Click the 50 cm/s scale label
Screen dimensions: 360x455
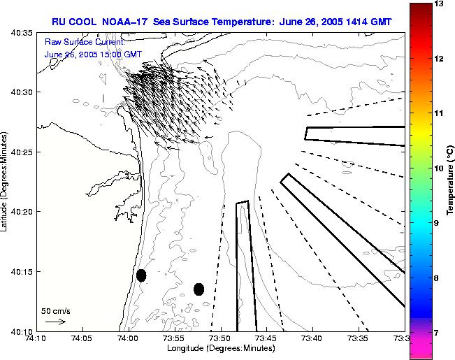tap(55, 310)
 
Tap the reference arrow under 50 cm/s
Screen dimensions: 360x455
tap(55, 322)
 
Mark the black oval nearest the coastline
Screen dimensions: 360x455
tap(141, 275)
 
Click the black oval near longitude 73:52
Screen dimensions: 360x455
tap(198, 289)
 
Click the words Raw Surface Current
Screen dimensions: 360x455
tap(75, 42)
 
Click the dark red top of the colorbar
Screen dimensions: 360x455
tap(419, 7)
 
